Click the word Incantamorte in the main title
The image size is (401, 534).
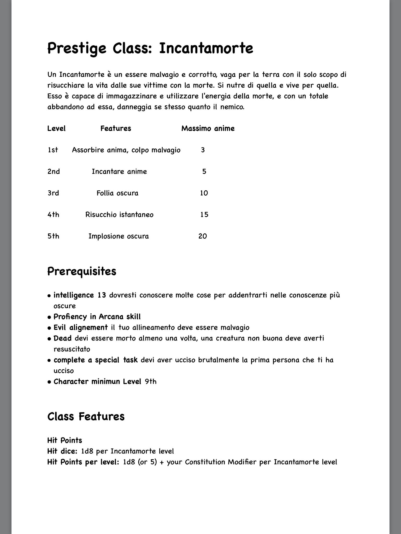pos(206,48)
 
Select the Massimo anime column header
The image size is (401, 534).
pos(208,128)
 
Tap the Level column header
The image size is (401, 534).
pos(56,128)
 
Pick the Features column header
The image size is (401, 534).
pos(116,128)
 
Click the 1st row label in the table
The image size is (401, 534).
pos(53,150)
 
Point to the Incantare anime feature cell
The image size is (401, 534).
pos(119,172)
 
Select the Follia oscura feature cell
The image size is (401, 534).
pos(117,193)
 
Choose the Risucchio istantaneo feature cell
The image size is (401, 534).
pos(119,215)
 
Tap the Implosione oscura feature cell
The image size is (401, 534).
pos(119,236)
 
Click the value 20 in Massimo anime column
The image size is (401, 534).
pos(203,236)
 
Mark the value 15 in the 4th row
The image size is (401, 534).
pos(204,215)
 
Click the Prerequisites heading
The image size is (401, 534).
pos(82,271)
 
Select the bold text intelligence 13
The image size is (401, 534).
pos(80,295)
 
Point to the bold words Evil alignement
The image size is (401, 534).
pos(80,327)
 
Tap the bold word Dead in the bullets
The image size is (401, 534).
pos(62,338)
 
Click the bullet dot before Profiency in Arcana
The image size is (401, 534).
pos(49,317)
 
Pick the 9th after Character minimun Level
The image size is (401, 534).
pos(151,382)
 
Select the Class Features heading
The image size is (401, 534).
pos(86,416)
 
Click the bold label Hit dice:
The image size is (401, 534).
pos(62,451)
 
